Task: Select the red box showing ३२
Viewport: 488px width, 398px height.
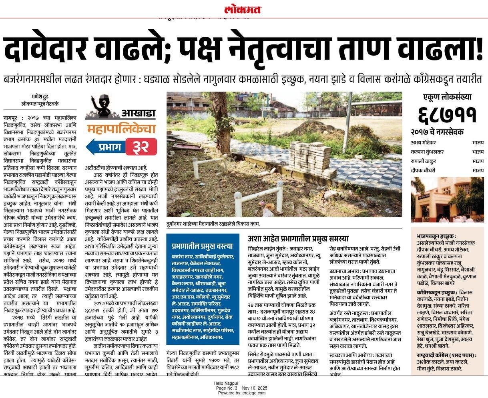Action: [141, 147]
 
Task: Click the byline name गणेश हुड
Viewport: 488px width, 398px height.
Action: [40, 96]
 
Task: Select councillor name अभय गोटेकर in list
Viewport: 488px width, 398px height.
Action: [423, 142]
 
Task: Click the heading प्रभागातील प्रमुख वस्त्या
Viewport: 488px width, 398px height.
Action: [202, 246]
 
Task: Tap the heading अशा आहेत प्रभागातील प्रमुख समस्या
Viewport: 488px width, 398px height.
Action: [298, 238]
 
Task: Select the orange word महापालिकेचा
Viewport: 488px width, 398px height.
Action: [121, 129]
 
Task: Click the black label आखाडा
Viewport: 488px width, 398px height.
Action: [138, 114]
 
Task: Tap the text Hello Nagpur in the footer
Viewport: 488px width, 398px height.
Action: [226, 383]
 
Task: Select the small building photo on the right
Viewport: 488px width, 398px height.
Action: [447, 200]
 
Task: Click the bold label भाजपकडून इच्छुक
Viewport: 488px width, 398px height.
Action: [436, 236]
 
